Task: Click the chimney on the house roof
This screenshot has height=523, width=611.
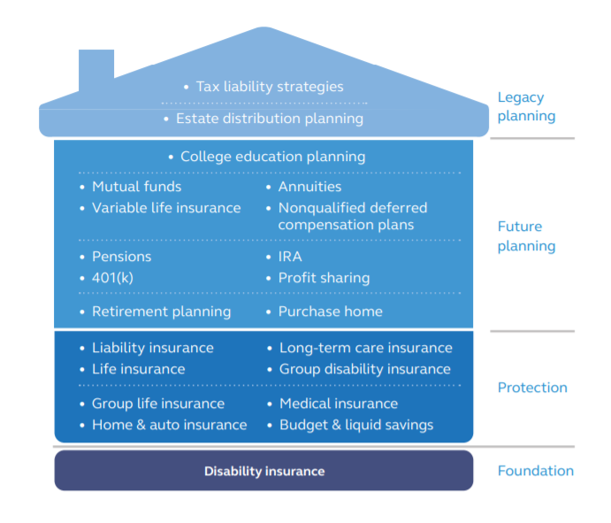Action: [96, 70]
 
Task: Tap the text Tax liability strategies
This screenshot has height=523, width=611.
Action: [270, 87]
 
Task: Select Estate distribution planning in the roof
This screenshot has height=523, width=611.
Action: [270, 119]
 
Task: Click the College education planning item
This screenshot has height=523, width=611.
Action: [272, 157]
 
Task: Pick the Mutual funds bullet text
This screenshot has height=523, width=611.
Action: [137, 187]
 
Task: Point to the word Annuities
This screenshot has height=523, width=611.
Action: [309, 187]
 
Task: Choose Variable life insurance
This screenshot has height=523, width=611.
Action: [166, 208]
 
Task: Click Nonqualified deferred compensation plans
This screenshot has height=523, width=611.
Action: [353, 216]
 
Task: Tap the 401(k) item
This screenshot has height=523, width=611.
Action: [112, 278]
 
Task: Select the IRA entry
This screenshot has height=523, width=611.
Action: [290, 257]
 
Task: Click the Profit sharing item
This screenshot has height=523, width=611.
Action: [324, 278]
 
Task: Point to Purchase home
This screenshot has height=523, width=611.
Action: [331, 311]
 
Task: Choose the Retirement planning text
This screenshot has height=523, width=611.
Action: [161, 311]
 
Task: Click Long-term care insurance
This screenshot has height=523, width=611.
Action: [366, 348]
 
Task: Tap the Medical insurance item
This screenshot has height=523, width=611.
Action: [339, 404]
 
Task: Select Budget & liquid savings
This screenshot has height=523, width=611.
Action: [356, 425]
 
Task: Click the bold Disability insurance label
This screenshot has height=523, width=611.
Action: [264, 471]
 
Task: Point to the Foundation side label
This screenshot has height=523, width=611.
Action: [536, 471]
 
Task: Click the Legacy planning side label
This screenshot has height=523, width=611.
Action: [526, 106]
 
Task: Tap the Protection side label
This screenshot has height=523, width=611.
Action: [532, 388]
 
